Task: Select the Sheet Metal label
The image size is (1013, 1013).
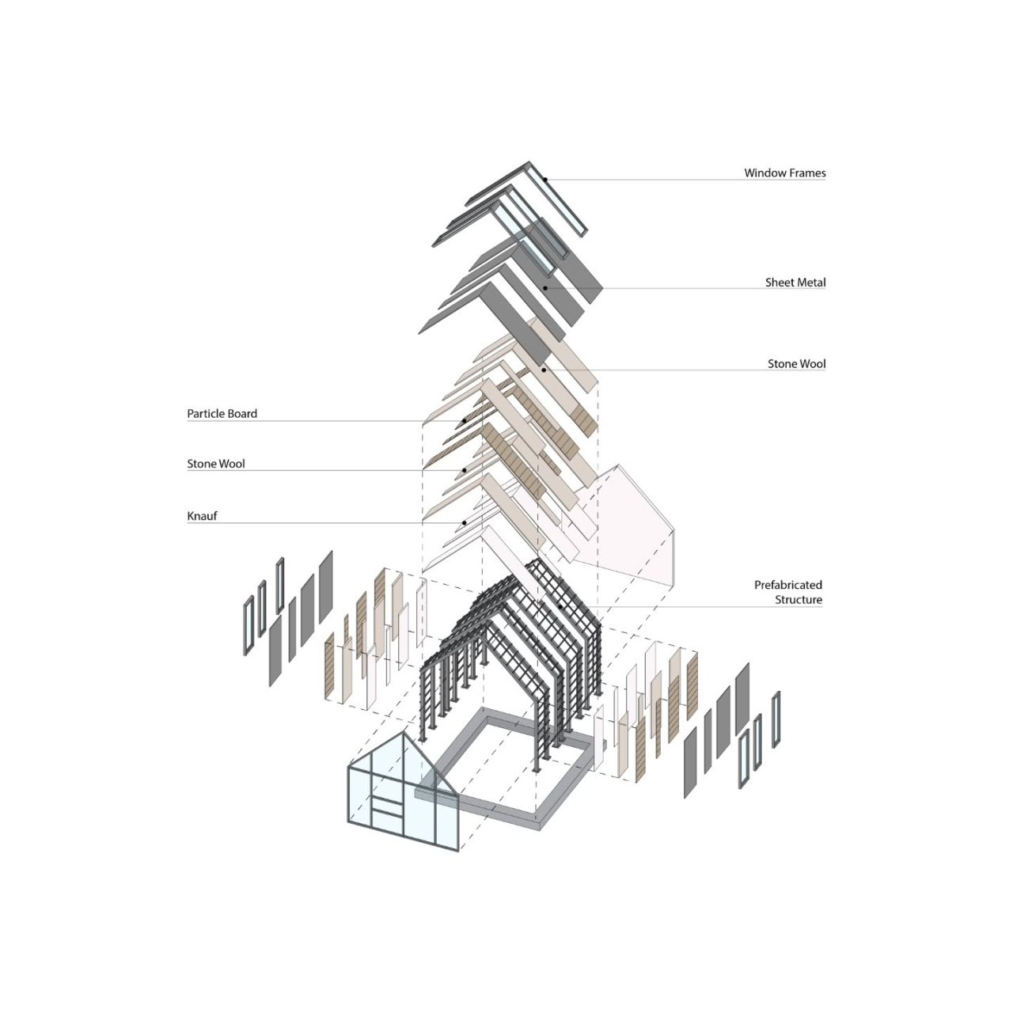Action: point(795,283)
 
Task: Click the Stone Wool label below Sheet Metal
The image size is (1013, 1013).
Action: point(796,364)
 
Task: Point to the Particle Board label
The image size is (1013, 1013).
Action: point(222,414)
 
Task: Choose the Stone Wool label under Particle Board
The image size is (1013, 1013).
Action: point(216,464)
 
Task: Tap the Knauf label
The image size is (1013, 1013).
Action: point(202,516)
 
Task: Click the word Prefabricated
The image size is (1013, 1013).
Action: point(788,585)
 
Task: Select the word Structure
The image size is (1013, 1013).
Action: point(799,600)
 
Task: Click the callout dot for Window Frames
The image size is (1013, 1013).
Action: point(545,180)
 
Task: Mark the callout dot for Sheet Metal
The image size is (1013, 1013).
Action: point(545,288)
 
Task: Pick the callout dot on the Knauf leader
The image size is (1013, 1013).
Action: point(465,522)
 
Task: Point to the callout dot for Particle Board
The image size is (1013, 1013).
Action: point(465,420)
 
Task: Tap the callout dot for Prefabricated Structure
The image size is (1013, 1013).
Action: point(561,607)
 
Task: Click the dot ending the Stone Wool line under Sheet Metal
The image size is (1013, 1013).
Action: point(545,370)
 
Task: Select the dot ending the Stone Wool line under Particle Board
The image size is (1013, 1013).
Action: point(465,470)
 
